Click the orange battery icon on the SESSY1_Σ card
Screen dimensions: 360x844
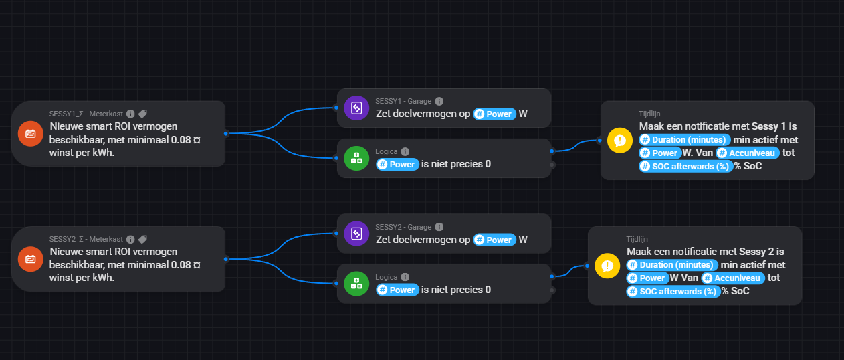tap(30, 133)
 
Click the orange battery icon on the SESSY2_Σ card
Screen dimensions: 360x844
tap(30, 258)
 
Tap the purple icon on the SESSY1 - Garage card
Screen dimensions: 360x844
tap(356, 108)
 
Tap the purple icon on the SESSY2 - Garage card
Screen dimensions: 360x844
tap(356, 234)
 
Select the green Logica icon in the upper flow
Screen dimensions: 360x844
tap(356, 158)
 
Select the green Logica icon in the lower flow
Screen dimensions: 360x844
tap(356, 284)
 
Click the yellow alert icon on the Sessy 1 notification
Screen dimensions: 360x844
tap(620, 141)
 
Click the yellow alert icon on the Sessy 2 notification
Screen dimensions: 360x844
tap(607, 265)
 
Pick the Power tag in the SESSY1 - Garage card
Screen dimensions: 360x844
tap(495, 114)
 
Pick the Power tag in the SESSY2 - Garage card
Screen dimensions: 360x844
tap(495, 240)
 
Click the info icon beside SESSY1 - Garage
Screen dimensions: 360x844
tap(439, 102)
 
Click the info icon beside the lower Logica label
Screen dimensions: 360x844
tap(405, 277)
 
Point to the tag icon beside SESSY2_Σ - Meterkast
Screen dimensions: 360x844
tap(142, 239)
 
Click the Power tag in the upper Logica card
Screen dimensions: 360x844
tap(397, 164)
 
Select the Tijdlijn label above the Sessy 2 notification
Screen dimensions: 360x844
tap(637, 238)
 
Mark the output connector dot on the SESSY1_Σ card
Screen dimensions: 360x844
tap(226, 133)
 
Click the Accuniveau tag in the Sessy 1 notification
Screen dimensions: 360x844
tap(748, 153)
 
